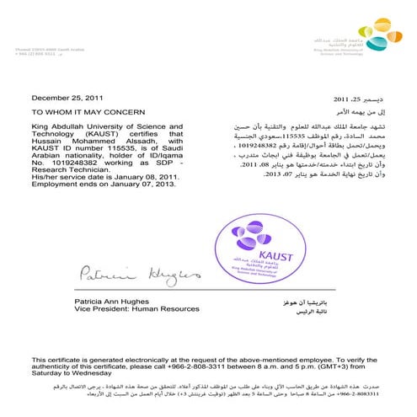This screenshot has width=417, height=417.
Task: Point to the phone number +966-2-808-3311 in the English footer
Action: point(228,366)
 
